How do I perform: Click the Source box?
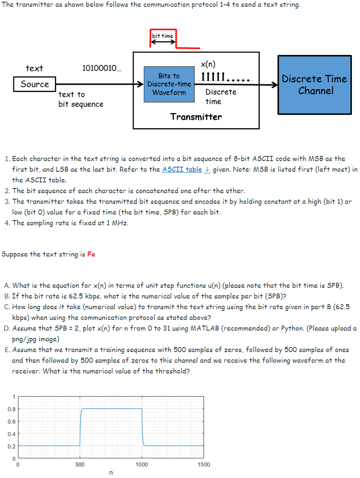[x=35, y=84]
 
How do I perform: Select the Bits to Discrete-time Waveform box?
[x=169, y=84]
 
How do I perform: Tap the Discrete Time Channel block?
[x=314, y=85]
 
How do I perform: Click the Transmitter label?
[x=196, y=117]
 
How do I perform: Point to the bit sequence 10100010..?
[x=101, y=68]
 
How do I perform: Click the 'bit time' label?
[x=162, y=36]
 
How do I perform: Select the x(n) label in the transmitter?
[x=208, y=64]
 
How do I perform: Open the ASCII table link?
[x=182, y=169]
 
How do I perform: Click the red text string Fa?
[x=91, y=254]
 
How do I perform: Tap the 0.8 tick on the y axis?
[x=12, y=409]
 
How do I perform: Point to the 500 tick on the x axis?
[x=80, y=464]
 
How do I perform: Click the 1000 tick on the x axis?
[x=142, y=464]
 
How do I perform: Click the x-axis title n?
[x=111, y=473]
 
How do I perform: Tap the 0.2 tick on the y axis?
[x=12, y=446]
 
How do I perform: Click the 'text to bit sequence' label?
[x=81, y=99]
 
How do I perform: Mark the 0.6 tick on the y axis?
[x=12, y=421]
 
